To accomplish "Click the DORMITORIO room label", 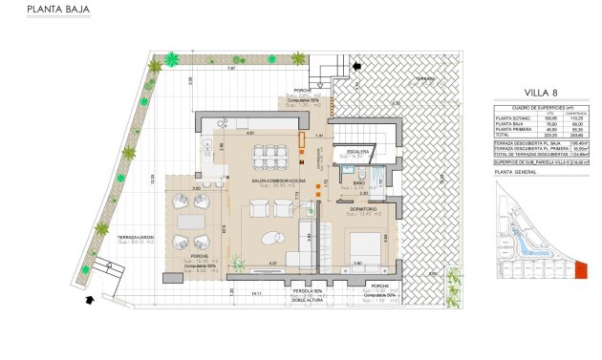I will [361, 208].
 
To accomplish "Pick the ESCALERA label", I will [358, 150].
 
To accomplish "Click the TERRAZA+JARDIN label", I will [137, 236].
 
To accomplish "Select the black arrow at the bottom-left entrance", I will [90, 300].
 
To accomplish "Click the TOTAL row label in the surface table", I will [502, 137].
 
